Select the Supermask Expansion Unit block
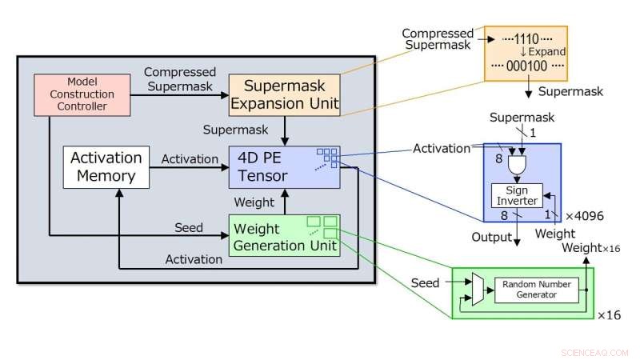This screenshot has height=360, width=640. click(284, 94)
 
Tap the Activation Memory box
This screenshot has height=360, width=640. click(106, 167)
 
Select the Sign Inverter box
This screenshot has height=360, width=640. click(515, 195)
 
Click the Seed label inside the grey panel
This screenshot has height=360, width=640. click(188, 227)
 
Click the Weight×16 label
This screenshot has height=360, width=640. click(590, 248)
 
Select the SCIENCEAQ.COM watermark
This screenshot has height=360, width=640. click(596, 351)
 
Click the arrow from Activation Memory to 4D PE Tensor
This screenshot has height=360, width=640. click(192, 168)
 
